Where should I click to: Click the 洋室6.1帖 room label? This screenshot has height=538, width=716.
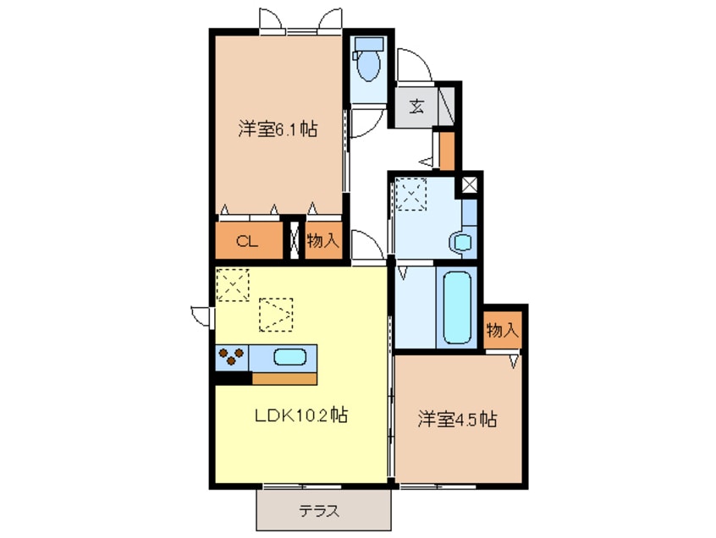[278, 129]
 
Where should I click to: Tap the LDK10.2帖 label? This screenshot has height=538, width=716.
[301, 414]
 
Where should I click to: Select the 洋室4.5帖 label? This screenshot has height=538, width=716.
[457, 419]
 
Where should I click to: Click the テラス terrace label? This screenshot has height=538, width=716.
[319, 511]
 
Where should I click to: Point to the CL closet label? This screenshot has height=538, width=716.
[247, 240]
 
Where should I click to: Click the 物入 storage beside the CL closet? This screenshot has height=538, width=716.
[322, 240]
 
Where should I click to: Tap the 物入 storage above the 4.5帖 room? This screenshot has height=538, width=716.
[502, 329]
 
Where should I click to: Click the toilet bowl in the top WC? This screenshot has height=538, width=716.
[368, 65]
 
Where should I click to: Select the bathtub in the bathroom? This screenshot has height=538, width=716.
[457, 307]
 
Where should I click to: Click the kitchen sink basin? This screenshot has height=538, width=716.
[290, 357]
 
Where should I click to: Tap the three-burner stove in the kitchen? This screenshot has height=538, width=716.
[232, 357]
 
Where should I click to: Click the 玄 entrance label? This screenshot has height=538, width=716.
[416, 107]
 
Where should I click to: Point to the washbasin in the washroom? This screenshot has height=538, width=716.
[463, 242]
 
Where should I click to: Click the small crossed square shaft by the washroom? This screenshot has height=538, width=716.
[470, 184]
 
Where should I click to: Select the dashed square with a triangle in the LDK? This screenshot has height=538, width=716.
[276, 315]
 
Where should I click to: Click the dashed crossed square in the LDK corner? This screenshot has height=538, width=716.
[233, 285]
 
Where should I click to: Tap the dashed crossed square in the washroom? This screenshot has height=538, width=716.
[411, 195]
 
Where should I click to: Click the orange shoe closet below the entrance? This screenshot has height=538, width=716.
[447, 151]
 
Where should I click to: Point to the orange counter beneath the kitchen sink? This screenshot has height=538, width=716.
[284, 378]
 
